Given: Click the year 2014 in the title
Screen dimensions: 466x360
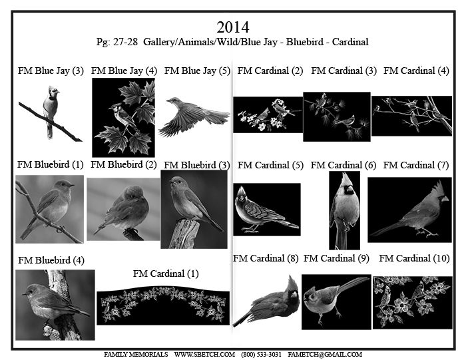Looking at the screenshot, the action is click(x=233, y=27).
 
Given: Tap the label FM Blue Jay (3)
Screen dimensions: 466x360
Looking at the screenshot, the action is click(x=51, y=71).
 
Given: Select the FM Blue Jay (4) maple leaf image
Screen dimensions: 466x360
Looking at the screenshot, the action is click(x=123, y=118).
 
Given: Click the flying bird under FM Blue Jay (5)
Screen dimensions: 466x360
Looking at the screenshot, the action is click(x=194, y=116).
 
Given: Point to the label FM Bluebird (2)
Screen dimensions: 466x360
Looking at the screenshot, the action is click(x=124, y=164).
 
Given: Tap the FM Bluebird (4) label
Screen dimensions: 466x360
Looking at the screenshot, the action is click(x=51, y=260).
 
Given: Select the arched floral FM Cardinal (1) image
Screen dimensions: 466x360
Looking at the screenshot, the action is click(x=163, y=305).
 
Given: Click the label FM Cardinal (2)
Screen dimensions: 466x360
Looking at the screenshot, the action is click(x=270, y=71).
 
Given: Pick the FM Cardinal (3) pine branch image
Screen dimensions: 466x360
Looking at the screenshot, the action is click(x=337, y=116).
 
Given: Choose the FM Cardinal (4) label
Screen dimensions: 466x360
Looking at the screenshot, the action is click(x=416, y=71).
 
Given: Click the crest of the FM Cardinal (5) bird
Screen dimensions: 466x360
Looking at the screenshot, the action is click(x=242, y=191).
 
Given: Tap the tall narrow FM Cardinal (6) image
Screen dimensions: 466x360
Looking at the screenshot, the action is click(x=344, y=210).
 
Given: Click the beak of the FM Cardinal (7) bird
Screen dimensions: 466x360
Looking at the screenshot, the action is click(x=445, y=199).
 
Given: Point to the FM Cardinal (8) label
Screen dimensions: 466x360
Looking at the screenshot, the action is click(x=266, y=258).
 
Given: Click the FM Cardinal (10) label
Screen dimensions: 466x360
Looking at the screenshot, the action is click(x=414, y=258).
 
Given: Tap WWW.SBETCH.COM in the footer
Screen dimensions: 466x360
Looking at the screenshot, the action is click(x=204, y=355).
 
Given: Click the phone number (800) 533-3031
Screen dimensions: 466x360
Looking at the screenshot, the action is click(x=261, y=355).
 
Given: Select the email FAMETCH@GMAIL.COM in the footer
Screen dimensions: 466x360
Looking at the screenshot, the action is click(x=325, y=355).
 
